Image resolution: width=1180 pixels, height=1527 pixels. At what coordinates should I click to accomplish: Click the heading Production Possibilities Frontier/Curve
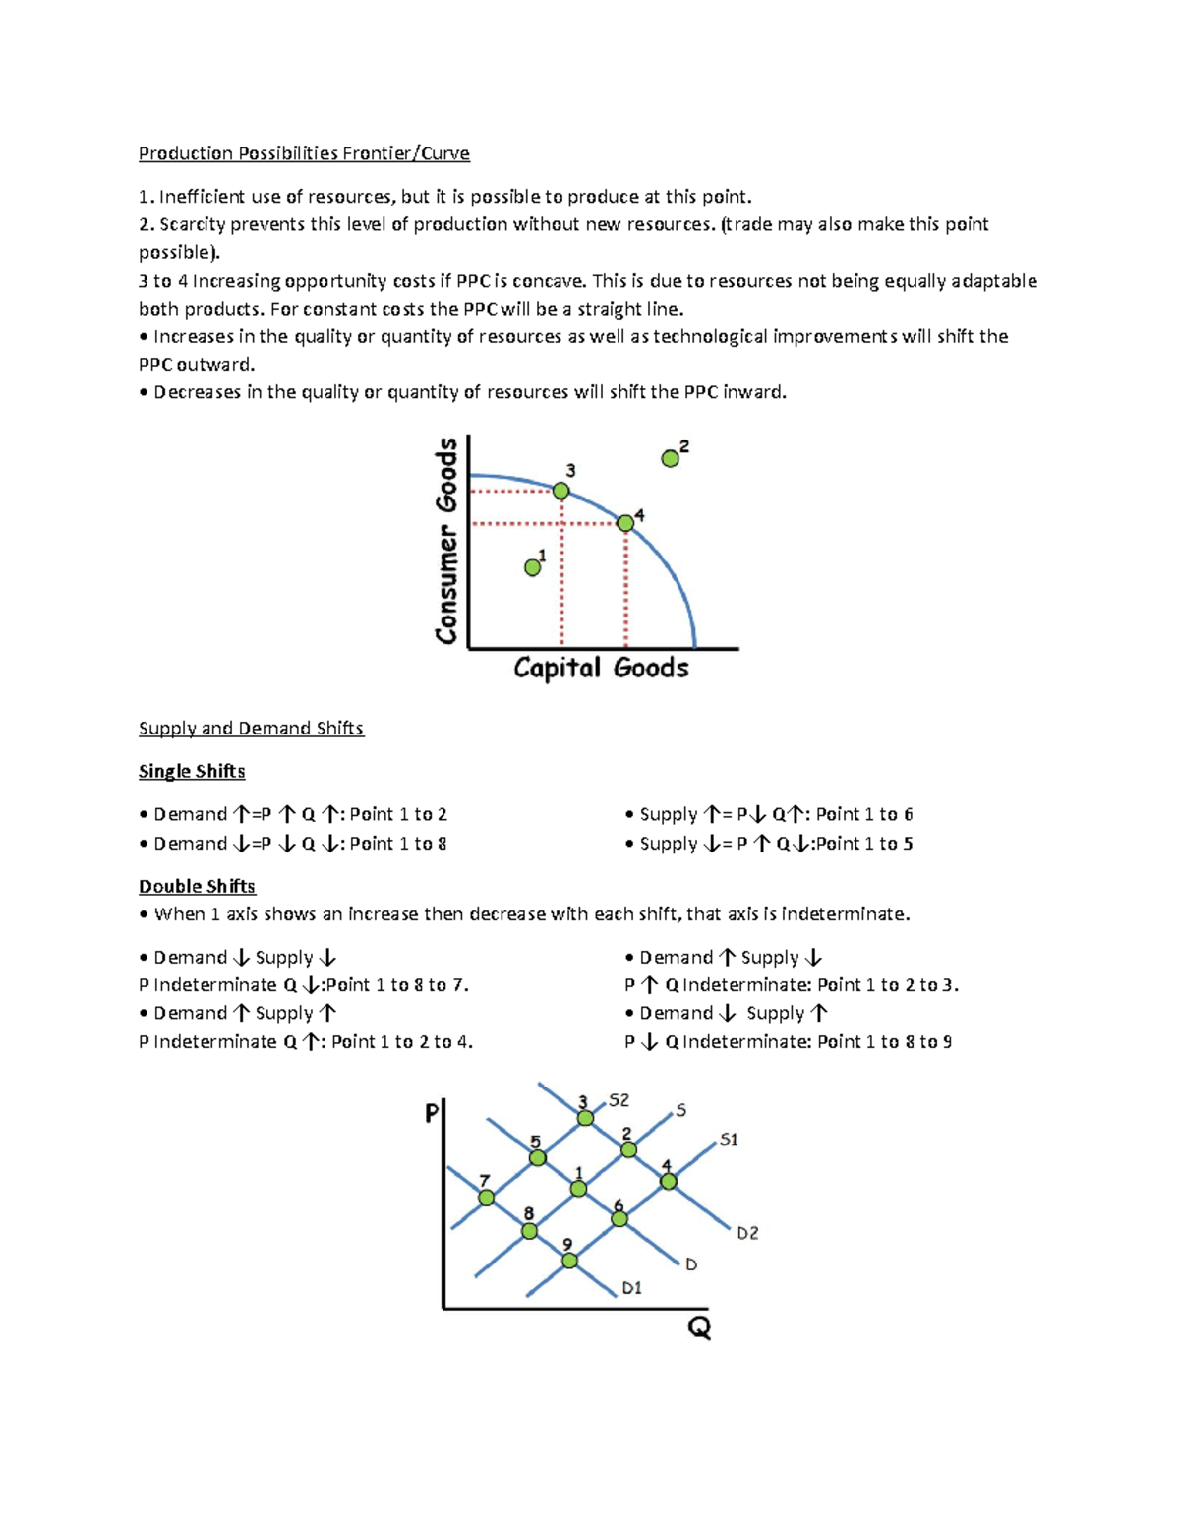(304, 153)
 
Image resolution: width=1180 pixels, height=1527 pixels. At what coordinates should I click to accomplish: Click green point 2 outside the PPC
(671, 458)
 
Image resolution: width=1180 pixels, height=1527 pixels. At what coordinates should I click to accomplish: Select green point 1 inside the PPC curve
(533, 567)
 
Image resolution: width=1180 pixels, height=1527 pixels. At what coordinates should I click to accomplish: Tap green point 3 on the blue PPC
(560, 491)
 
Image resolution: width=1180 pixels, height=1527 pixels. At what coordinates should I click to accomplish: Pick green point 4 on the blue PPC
(625, 523)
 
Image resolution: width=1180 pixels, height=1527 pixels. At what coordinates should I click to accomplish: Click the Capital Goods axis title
(601, 669)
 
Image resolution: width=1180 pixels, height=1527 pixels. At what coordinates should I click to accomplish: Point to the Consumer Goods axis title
(447, 541)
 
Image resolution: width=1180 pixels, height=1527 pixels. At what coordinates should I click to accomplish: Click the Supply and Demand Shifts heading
(251, 729)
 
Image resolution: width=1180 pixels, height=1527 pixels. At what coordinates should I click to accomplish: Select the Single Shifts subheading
(192, 772)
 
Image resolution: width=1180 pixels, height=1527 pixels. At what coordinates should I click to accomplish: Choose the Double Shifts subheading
(197, 887)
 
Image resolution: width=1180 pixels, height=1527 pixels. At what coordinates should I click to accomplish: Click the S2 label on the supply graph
(619, 1100)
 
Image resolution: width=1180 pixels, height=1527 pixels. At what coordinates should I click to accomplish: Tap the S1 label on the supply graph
(729, 1140)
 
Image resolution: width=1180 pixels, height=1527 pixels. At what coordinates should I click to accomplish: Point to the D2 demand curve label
(747, 1233)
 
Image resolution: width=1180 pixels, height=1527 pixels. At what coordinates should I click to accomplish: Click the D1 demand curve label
(631, 1288)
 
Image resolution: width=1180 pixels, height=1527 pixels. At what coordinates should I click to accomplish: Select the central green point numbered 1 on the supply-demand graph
(579, 1189)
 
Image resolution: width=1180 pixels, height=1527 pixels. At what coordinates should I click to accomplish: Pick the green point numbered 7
(487, 1198)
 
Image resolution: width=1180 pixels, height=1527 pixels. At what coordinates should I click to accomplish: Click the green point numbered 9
(570, 1261)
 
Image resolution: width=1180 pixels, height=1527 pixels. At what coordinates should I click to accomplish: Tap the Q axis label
(698, 1329)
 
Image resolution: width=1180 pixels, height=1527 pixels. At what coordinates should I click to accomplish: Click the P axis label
(431, 1114)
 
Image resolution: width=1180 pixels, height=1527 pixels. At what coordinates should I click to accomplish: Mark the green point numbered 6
(619, 1219)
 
